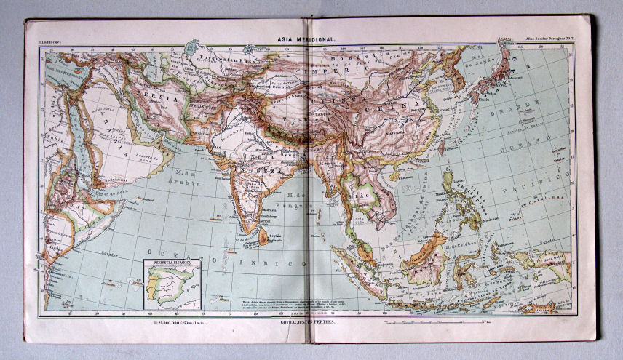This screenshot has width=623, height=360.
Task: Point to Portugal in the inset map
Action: pos(152,287)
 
